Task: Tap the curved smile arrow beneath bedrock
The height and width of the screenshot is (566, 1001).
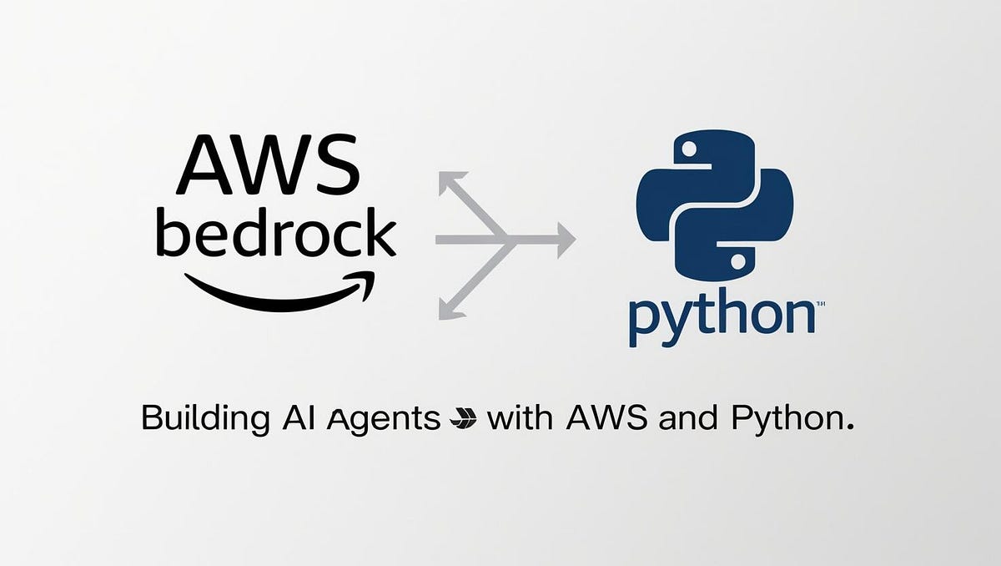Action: (280, 291)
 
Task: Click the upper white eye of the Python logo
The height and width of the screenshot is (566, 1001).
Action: (689, 149)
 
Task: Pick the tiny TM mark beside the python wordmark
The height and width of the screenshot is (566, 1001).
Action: (809, 305)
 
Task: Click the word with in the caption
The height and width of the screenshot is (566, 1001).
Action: (521, 417)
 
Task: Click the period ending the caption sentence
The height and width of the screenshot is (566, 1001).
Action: (850, 427)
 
